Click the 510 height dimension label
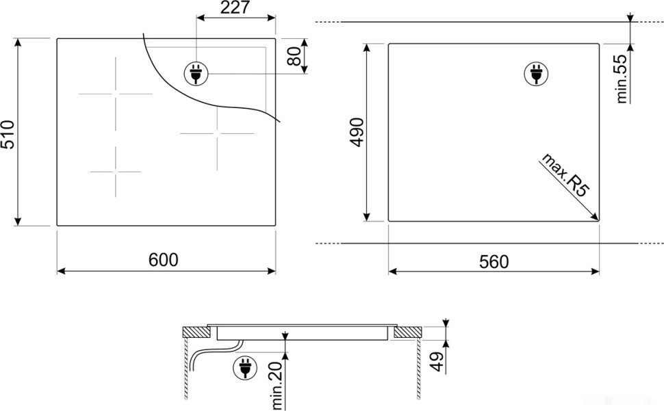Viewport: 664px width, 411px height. click(8, 135)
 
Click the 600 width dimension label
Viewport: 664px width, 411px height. click(163, 261)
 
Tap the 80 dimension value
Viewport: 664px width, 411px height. click(294, 56)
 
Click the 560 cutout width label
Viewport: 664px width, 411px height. click(494, 262)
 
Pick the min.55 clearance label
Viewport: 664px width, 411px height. click(622, 79)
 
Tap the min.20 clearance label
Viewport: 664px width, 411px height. click(277, 386)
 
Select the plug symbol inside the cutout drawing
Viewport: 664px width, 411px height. click(537, 74)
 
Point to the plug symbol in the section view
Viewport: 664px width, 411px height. click(243, 368)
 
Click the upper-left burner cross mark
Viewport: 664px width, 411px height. click(115, 93)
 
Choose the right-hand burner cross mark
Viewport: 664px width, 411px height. click(217, 134)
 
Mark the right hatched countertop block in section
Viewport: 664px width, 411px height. click(407, 333)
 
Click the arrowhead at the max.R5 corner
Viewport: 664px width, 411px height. click(596, 217)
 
